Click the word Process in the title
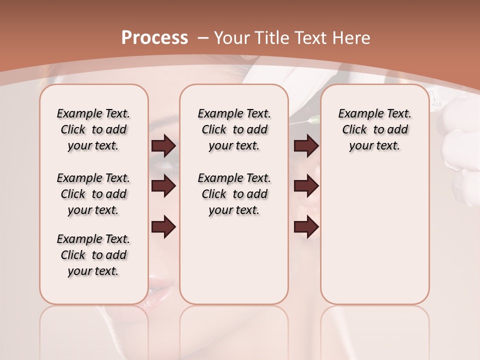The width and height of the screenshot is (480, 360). (x=154, y=37)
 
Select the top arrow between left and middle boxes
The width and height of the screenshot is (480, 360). (x=163, y=146)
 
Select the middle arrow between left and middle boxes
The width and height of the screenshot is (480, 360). (x=163, y=186)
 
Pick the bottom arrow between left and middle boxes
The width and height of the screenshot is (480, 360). (x=163, y=227)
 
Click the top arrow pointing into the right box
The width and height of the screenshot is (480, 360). (x=306, y=146)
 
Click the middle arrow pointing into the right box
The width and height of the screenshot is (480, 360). (x=306, y=186)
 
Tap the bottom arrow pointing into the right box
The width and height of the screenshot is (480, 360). (x=306, y=227)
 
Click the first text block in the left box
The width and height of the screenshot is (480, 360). (x=93, y=129)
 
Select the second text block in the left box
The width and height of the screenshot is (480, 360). (x=93, y=194)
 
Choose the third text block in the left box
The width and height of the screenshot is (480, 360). (x=93, y=255)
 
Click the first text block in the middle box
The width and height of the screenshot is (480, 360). (x=234, y=129)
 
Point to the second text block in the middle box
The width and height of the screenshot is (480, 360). (x=234, y=194)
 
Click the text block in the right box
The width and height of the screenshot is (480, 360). (x=374, y=129)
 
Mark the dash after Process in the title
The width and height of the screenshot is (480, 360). (x=203, y=37)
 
